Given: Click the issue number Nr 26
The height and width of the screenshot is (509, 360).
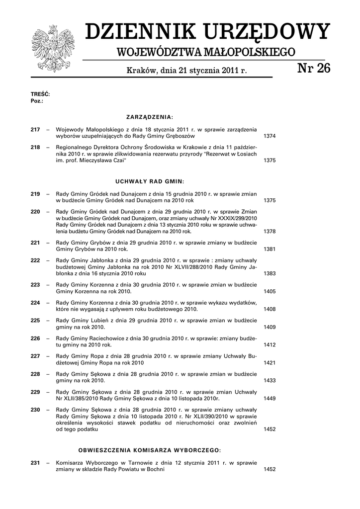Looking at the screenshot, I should pos(313,69).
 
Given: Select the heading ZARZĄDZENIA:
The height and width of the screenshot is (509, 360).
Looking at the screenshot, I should pos(149,117).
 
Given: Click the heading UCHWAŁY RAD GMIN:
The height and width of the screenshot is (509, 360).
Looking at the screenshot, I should pos(149,181).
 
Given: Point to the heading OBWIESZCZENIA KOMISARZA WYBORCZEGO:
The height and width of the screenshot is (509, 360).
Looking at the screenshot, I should pos(149,450).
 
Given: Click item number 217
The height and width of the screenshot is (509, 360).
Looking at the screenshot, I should pos(35,130).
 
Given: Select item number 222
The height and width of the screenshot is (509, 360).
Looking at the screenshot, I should pos(35,260).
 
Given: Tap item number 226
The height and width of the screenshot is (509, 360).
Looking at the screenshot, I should pos(35,339).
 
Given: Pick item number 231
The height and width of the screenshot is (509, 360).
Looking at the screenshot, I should pos(35,463).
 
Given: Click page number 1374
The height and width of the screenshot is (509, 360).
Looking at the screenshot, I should pos(270,136).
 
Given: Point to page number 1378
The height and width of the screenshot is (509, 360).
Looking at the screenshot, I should pos(270,232).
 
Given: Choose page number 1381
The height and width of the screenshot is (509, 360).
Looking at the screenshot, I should pos(270,249).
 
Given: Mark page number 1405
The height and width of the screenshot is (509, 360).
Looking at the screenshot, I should pos(270,291).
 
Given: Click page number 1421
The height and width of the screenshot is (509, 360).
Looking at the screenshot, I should pos(270,363).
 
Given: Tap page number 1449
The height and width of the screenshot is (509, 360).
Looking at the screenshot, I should pos(270,399).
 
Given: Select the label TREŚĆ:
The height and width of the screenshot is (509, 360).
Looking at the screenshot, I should pos(40,94).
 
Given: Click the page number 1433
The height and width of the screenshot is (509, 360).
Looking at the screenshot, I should pos(270,381).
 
